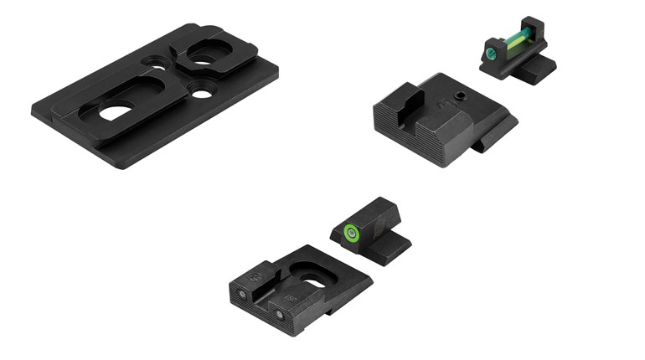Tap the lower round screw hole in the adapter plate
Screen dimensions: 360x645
click(x=201, y=91)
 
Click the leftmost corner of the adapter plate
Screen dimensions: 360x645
click(x=34, y=111)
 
